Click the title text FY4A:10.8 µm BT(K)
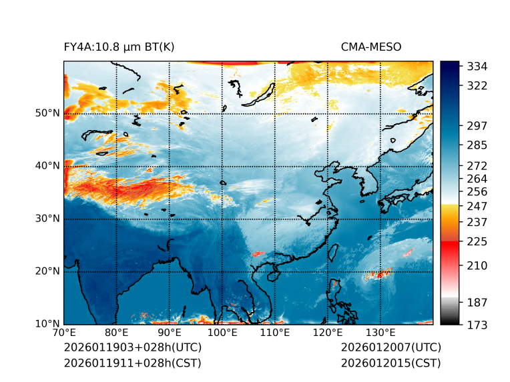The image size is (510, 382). point(119,47)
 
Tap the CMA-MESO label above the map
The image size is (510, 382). point(370,47)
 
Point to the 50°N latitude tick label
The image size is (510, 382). point(47,113)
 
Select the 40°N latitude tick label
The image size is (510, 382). point(47,166)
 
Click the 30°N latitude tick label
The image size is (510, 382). point(47,219)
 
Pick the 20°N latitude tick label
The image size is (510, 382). point(47,271)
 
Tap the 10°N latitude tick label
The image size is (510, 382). point(47,324)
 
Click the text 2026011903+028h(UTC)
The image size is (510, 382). point(132,347)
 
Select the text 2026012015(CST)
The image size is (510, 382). point(391,363)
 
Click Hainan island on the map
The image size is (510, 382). point(271,275)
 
